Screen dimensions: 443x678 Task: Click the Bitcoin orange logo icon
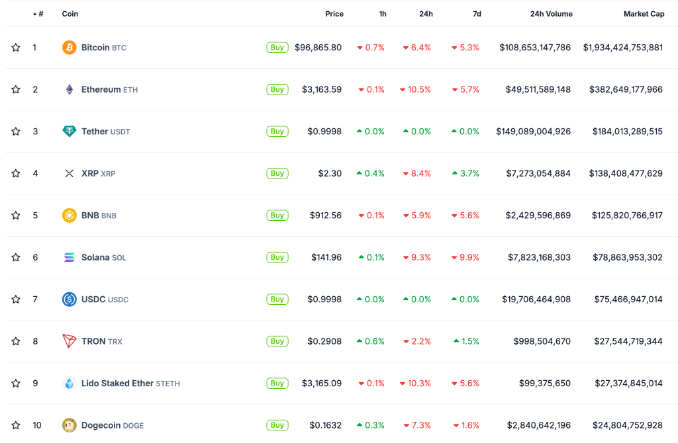point(69,48)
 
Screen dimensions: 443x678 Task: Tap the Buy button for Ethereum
point(277,89)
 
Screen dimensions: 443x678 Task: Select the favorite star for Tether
point(16,132)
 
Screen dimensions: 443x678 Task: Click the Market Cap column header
point(643,14)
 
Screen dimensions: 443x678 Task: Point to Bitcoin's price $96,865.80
point(318,48)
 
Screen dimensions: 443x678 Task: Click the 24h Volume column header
point(551,14)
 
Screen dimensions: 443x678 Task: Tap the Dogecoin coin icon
point(69,425)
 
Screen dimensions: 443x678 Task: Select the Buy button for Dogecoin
point(277,425)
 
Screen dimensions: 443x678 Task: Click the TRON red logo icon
point(69,341)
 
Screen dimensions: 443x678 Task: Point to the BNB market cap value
point(626,216)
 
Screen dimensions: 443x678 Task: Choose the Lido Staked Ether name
point(117,383)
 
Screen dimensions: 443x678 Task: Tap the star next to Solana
point(16,257)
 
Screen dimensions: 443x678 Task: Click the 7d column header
point(477,14)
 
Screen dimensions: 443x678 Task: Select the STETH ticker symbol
point(168,383)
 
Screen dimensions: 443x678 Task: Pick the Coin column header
point(70,14)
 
